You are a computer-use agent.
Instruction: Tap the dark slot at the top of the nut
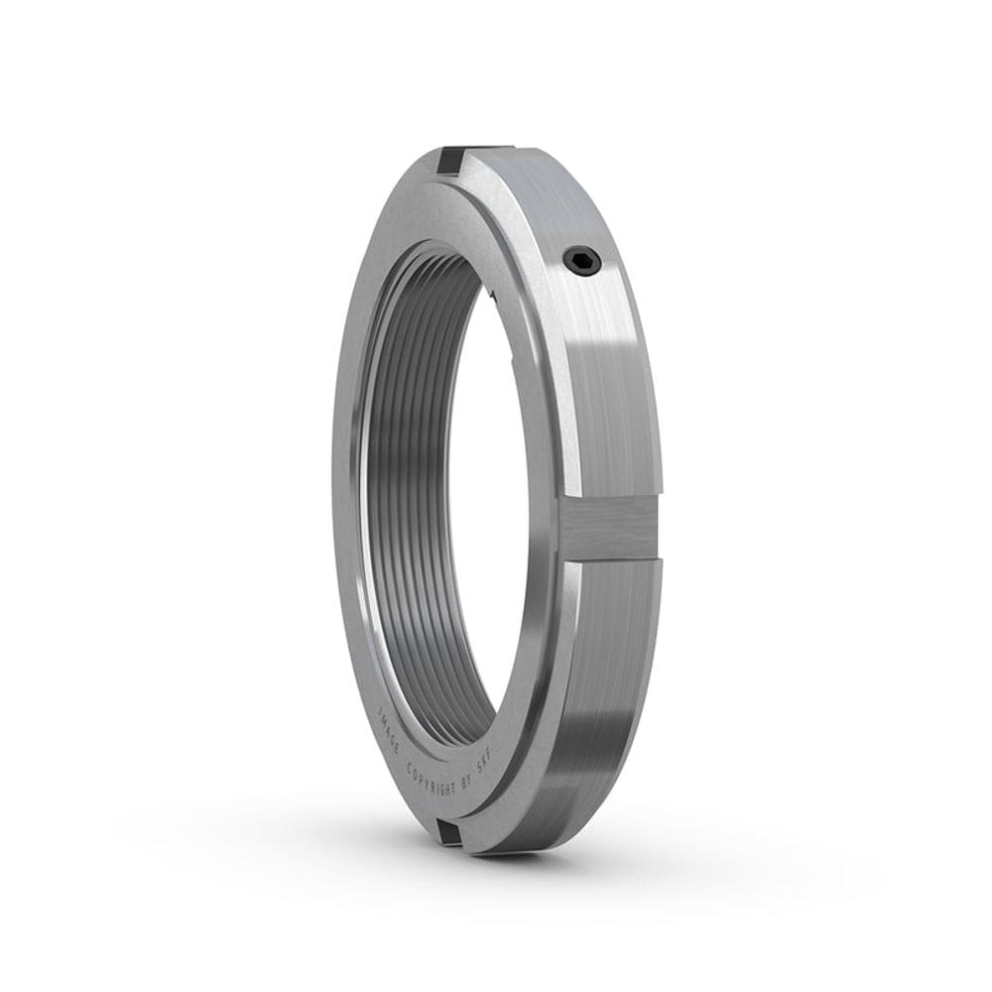(x=451, y=162)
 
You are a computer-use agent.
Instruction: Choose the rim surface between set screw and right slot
(x=605, y=387)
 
